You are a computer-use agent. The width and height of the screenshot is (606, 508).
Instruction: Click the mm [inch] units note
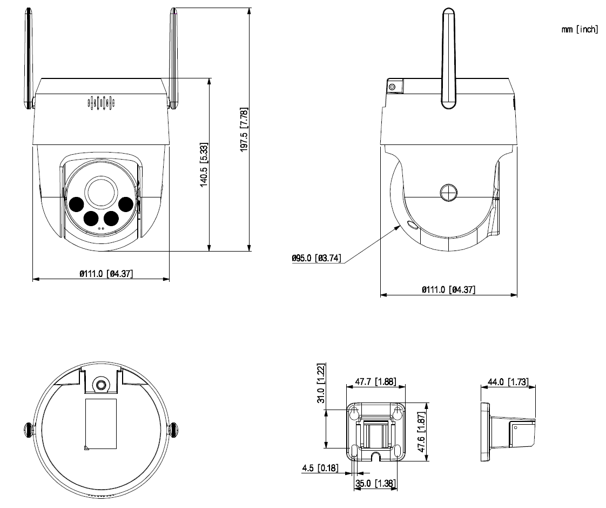coord(580,29)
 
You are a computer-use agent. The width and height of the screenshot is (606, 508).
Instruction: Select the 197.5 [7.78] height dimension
coord(244,130)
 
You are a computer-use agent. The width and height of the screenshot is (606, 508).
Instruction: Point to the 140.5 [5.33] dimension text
coord(204,165)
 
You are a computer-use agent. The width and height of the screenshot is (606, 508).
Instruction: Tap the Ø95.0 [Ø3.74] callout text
coord(316,258)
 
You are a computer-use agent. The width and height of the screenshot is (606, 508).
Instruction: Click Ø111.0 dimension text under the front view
coord(106,274)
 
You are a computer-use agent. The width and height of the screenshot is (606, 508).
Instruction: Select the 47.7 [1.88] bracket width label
coord(375,381)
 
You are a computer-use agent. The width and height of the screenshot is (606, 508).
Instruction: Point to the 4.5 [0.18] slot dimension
coord(320,467)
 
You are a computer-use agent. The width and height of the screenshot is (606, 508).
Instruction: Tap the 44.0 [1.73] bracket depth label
coord(508,382)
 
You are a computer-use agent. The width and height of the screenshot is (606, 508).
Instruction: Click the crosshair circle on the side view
coord(448,192)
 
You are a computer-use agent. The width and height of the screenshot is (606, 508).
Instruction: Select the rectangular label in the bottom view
coord(101,424)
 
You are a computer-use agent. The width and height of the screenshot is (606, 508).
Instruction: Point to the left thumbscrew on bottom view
coord(28,430)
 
